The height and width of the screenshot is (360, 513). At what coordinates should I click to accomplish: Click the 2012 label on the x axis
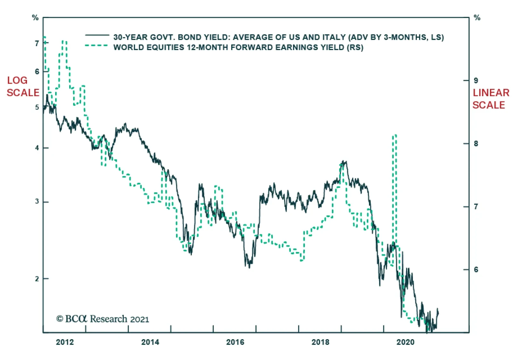(x=65, y=342)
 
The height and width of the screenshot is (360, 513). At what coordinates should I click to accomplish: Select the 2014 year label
(x=150, y=342)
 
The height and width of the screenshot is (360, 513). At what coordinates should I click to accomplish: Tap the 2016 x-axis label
(x=235, y=342)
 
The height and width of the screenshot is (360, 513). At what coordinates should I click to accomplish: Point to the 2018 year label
(x=320, y=342)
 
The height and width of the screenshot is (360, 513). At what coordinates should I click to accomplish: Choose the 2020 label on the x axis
(x=406, y=342)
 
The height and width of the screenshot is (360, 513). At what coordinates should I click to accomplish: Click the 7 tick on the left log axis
(x=37, y=43)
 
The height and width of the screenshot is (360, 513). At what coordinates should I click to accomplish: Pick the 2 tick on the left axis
(x=37, y=279)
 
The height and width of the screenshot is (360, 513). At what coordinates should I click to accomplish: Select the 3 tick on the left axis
(x=37, y=202)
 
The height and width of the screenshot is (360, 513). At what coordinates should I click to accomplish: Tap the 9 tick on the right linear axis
(x=476, y=80)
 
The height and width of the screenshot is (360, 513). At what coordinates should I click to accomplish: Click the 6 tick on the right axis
(x=476, y=270)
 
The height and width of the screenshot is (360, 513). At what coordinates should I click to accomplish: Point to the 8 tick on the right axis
(x=476, y=144)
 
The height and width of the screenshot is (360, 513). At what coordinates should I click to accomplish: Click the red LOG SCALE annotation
(x=23, y=87)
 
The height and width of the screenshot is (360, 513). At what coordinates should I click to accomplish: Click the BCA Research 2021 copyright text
(x=103, y=319)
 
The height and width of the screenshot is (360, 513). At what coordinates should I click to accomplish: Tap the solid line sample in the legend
(x=97, y=35)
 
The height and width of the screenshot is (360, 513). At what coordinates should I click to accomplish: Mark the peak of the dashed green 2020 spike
(x=395, y=136)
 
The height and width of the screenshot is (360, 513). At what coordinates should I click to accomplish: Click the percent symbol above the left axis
(x=35, y=18)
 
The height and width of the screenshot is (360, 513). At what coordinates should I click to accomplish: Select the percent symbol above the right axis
(x=477, y=18)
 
